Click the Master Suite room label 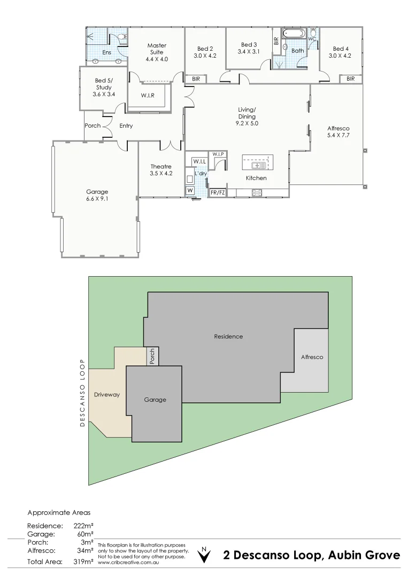pyautogui.click(x=157, y=46)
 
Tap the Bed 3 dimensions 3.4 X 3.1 pyautogui.click(x=249, y=52)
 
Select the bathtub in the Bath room pyautogui.click(x=294, y=33)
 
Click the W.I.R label pyautogui.click(x=148, y=95)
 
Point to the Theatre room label pyautogui.click(x=161, y=167)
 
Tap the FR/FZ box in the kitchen pyautogui.click(x=218, y=192)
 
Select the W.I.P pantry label pyautogui.click(x=218, y=154)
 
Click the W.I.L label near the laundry pyautogui.click(x=199, y=161)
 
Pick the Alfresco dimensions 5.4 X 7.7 pyautogui.click(x=338, y=136)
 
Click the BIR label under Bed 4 pyautogui.click(x=350, y=79)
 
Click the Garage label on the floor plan pyautogui.click(x=97, y=192)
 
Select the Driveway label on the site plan pyautogui.click(x=106, y=395)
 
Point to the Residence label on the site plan pyautogui.click(x=228, y=337)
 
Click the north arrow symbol pyautogui.click(x=203, y=555)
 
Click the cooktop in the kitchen pyautogui.click(x=256, y=192)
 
